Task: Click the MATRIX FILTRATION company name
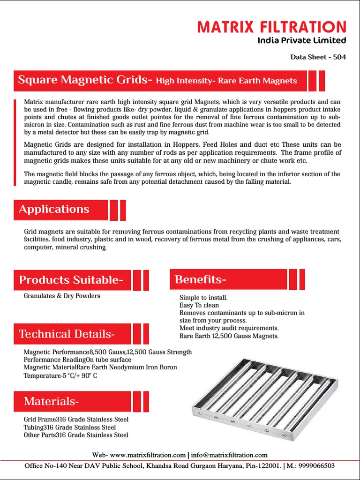click(272, 27)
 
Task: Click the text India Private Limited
click(302, 40)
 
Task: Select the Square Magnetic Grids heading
click(85, 80)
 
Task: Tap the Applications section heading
click(54, 209)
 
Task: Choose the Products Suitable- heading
click(71, 280)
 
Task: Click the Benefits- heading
click(201, 280)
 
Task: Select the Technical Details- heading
click(67, 334)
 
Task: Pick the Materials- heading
click(51, 401)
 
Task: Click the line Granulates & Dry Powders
click(62, 296)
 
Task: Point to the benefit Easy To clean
click(199, 305)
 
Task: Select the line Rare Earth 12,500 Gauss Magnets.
click(229, 336)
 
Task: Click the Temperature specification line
click(60, 376)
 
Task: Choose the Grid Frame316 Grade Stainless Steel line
click(76, 420)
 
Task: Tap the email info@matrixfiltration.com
click(229, 455)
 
